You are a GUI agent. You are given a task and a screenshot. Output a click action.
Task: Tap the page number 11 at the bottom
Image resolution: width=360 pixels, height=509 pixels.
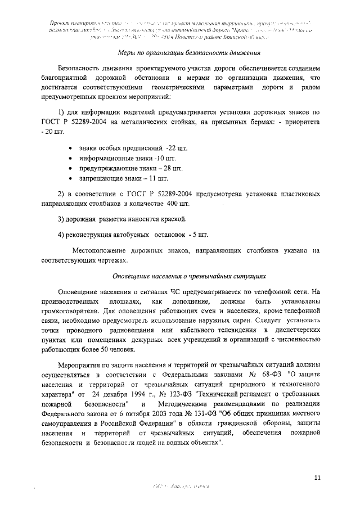click(x=318, y=478)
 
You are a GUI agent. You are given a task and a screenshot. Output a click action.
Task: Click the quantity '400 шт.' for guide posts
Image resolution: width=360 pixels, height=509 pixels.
click(x=178, y=202)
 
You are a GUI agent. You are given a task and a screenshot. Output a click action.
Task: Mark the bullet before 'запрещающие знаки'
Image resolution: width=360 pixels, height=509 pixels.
click(x=70, y=179)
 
